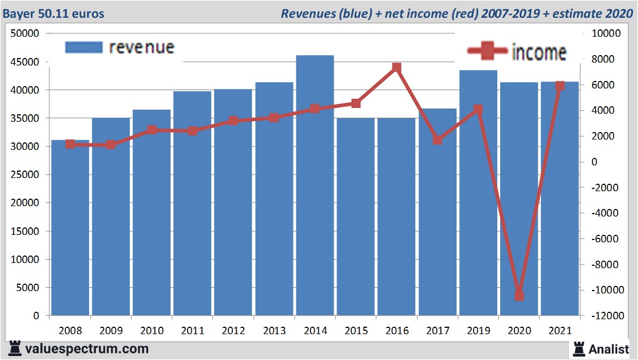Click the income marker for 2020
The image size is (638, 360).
coord(519,296)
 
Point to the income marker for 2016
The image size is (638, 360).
coord(396,68)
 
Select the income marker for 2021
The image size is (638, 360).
coord(560,86)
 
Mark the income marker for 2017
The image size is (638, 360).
coord(438,140)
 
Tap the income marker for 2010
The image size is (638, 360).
coord(152,130)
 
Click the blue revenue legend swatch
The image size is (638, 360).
coord(83,47)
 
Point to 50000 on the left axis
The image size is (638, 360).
coord(25,34)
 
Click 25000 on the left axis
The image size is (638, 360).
coord(25,175)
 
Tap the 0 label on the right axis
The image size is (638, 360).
coord(595,162)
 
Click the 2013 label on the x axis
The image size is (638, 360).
coord(274,331)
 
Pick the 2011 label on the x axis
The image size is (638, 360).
coord(192,331)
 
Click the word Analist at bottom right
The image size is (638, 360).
coord(608,349)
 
